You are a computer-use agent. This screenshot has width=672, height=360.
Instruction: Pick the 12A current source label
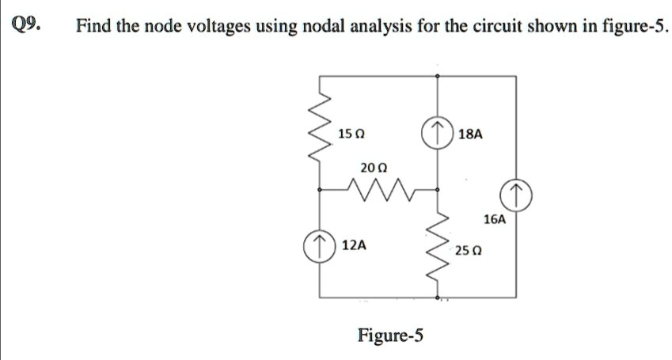[354, 245]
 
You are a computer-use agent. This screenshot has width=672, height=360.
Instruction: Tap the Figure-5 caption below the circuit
[390, 335]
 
